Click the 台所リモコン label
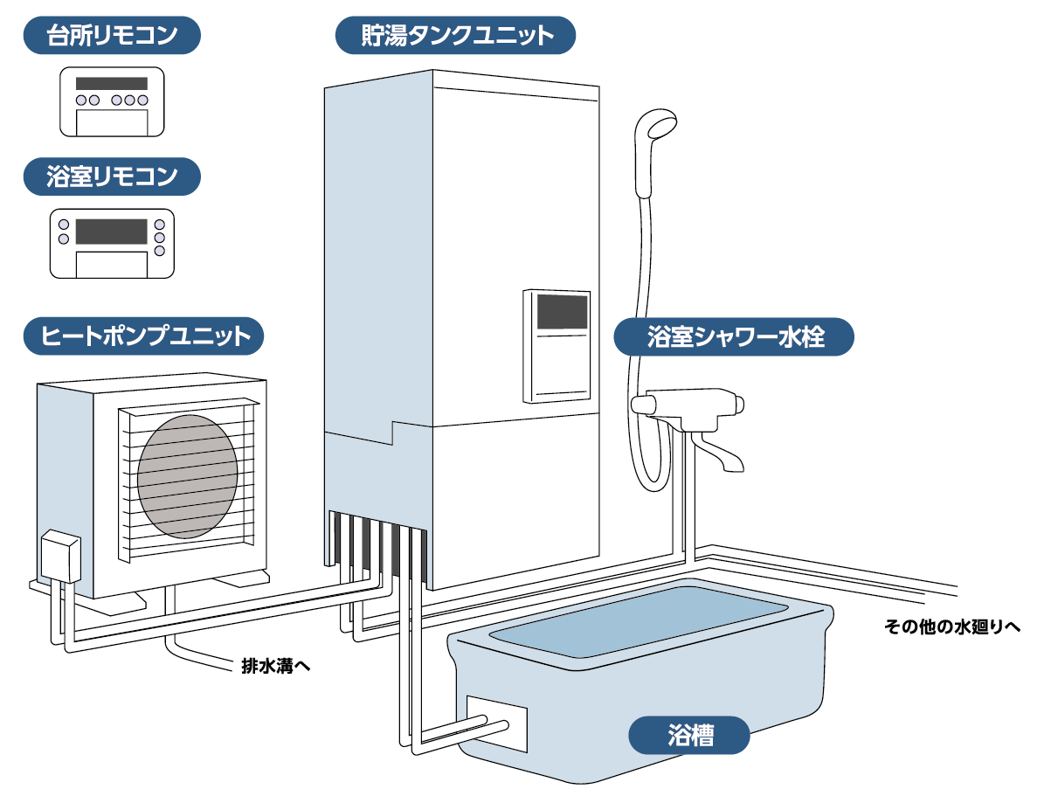111,36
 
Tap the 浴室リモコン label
111,177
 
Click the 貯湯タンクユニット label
457,36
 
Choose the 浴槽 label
689,735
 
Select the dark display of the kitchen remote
111,84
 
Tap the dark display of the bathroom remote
111,231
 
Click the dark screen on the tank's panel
561,310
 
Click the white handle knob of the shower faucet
646,404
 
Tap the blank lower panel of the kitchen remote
112,121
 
